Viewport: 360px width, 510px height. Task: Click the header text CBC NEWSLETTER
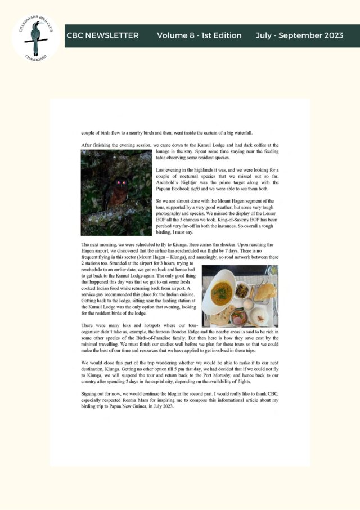click(x=102, y=35)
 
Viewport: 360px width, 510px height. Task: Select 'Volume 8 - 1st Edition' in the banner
click(x=199, y=35)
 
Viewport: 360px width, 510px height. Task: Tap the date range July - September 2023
click(x=299, y=35)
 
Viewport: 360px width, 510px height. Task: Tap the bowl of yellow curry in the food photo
click(x=222, y=293)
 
